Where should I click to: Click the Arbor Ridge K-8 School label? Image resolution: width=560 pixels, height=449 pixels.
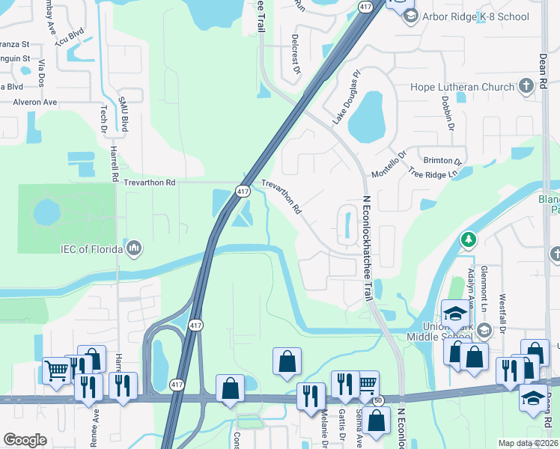click(476, 16)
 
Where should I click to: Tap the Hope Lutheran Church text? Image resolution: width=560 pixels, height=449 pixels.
click(463, 87)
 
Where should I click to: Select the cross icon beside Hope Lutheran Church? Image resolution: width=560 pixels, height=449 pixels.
click(526, 85)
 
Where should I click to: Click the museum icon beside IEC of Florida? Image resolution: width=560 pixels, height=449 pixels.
click(135, 246)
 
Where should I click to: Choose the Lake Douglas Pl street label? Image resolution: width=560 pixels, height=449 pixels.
click(346, 97)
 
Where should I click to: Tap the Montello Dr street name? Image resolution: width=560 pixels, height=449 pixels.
click(389, 164)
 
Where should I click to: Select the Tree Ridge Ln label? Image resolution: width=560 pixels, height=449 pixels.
click(432, 174)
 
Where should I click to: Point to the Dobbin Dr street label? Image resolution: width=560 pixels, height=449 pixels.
click(447, 112)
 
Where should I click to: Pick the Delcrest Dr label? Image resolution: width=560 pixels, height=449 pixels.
click(296, 53)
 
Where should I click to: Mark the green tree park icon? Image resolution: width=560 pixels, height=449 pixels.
click(469, 239)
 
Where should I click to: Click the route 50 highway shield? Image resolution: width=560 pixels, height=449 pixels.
click(380, 401)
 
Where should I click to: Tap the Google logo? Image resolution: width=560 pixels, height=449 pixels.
click(25, 440)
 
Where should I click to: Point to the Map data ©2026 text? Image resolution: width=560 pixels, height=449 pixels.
click(528, 443)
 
